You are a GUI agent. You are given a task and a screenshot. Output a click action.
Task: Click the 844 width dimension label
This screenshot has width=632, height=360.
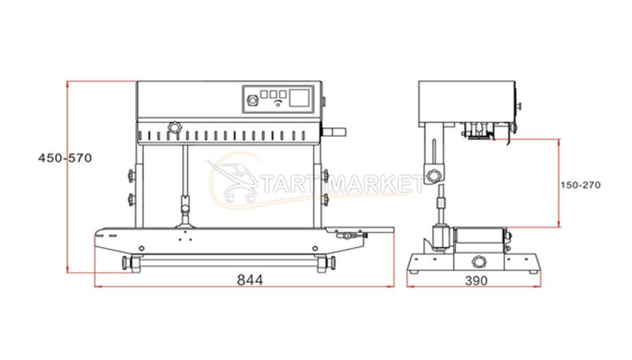click(x=250, y=280)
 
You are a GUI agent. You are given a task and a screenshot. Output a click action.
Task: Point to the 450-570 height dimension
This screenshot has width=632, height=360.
click(x=65, y=158)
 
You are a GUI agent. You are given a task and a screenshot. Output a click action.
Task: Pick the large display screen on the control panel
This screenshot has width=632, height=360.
click(x=300, y=98)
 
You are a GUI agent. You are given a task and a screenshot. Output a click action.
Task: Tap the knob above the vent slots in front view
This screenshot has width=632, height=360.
click(x=174, y=128)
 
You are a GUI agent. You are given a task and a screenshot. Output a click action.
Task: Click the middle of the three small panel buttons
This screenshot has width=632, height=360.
click(x=273, y=93)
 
